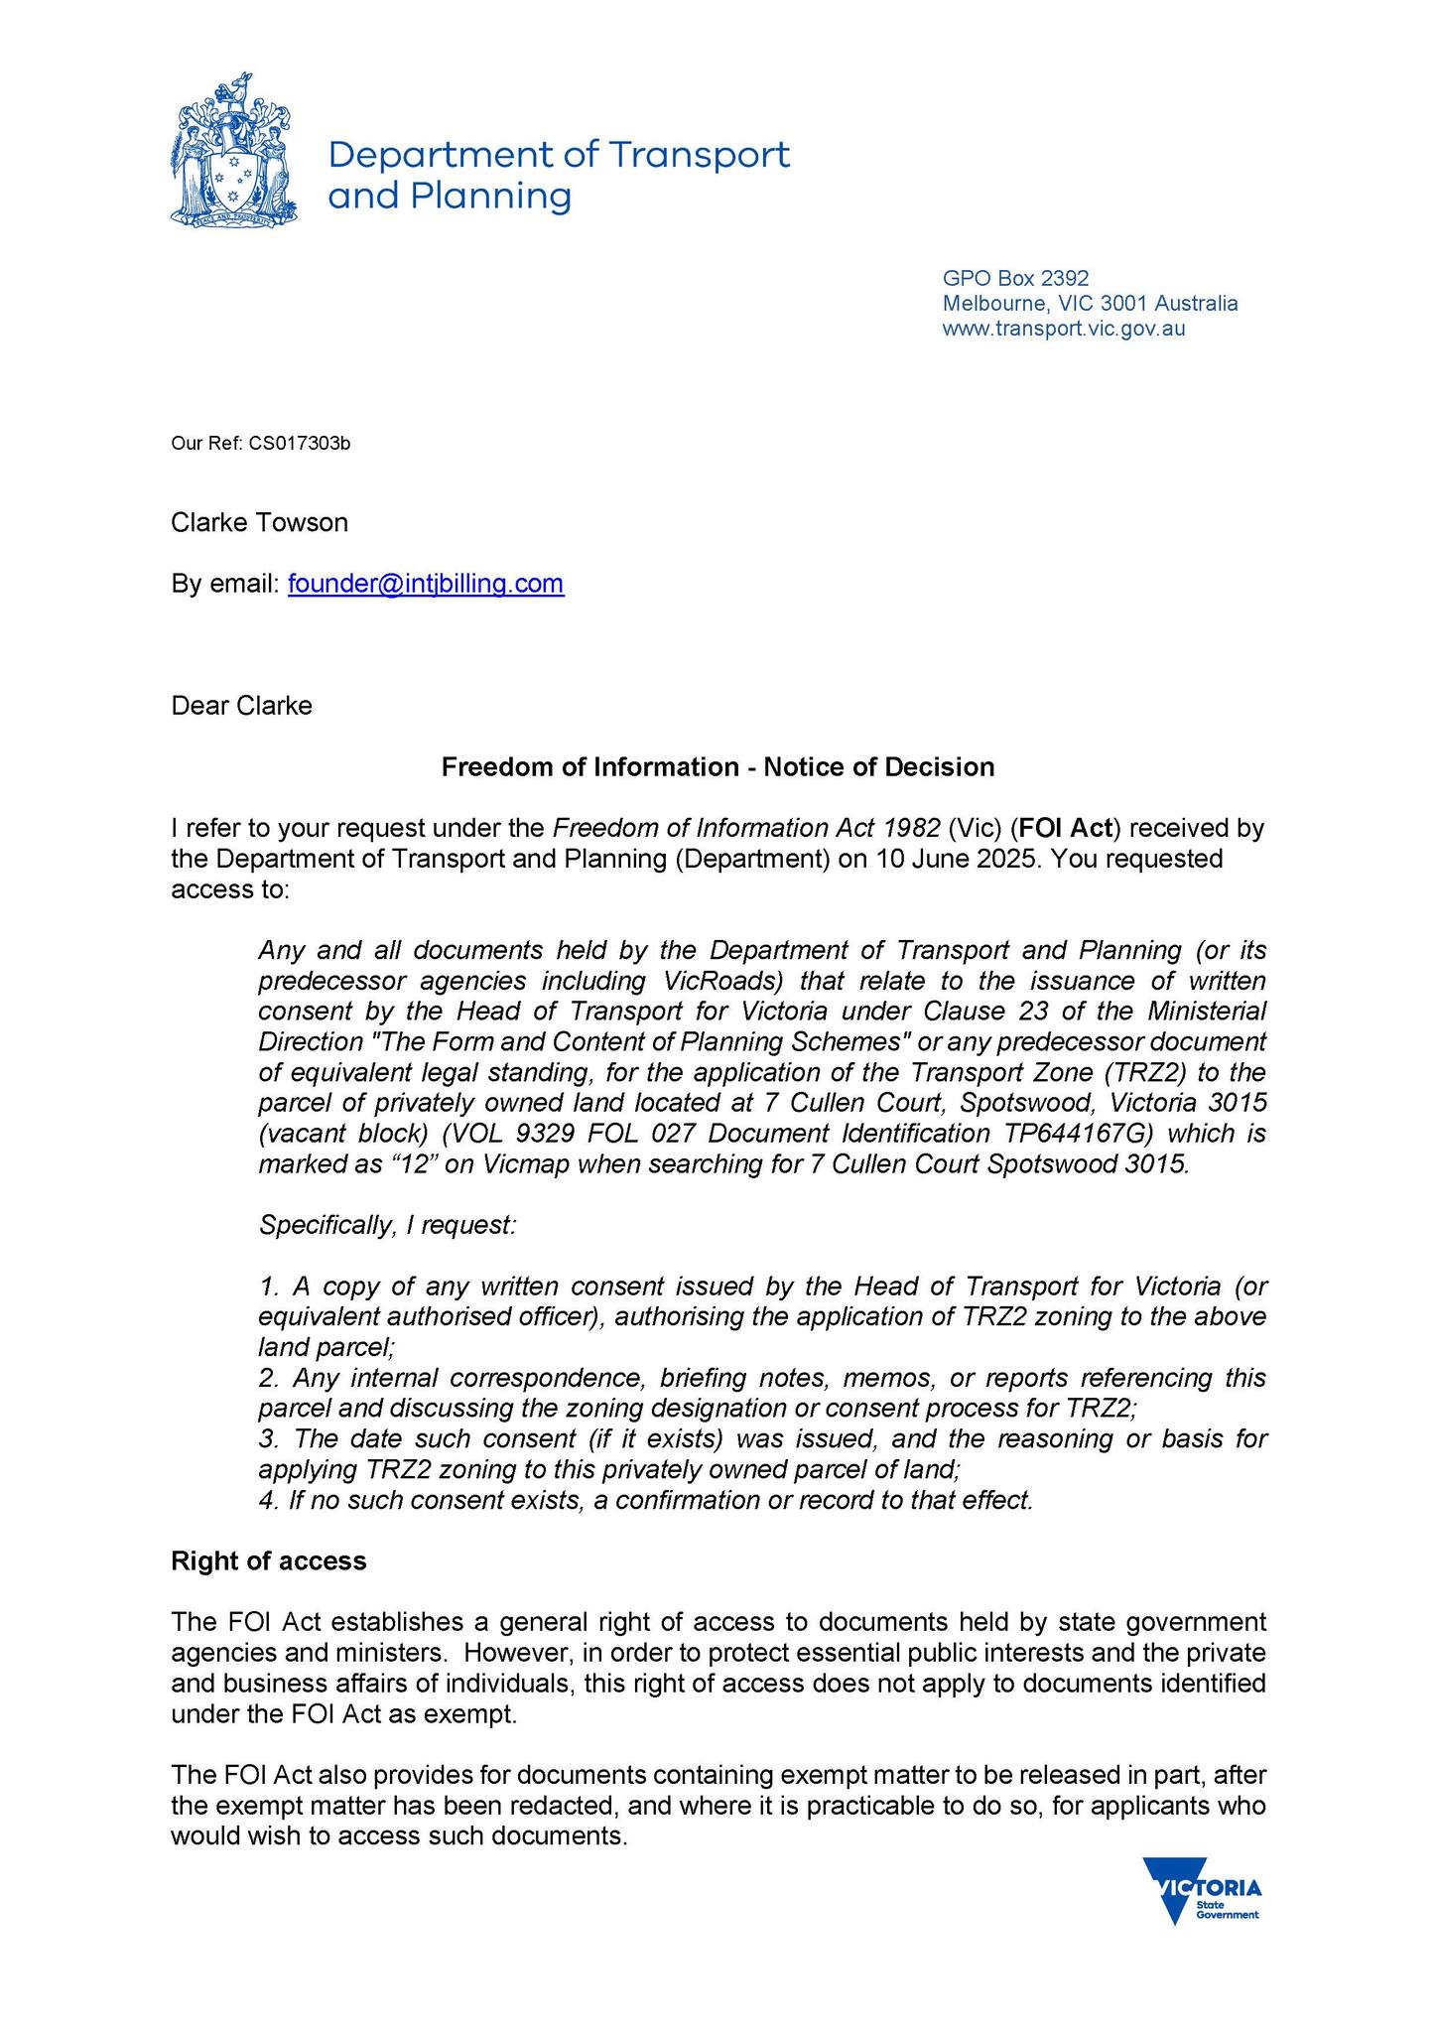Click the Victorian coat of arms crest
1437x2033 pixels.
point(233,150)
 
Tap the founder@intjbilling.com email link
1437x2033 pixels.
point(426,583)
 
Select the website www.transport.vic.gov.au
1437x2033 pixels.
point(1063,329)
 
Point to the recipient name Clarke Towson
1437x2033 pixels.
point(259,522)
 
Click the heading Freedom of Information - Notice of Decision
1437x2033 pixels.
point(718,766)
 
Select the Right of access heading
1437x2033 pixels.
point(269,1560)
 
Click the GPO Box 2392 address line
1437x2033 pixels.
point(1015,278)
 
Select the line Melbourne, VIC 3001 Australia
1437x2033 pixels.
point(1090,303)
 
